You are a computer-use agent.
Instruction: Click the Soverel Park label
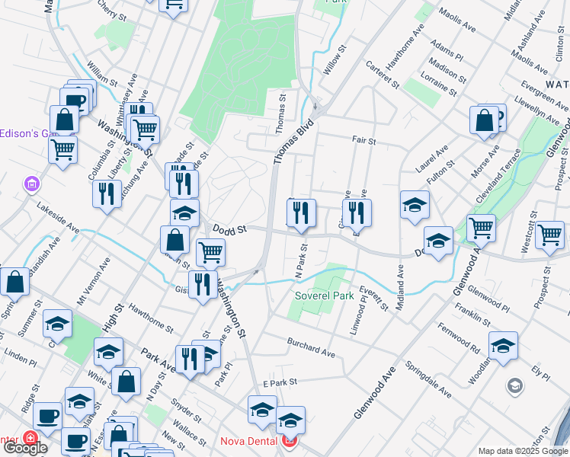325,296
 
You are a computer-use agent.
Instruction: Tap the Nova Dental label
250,441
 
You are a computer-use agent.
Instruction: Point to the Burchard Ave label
311,347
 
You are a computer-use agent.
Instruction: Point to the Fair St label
364,141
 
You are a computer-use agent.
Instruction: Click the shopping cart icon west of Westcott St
481,228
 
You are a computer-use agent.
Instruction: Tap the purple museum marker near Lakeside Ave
31,184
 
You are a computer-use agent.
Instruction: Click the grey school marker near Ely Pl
515,386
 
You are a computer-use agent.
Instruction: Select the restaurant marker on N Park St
302,213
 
